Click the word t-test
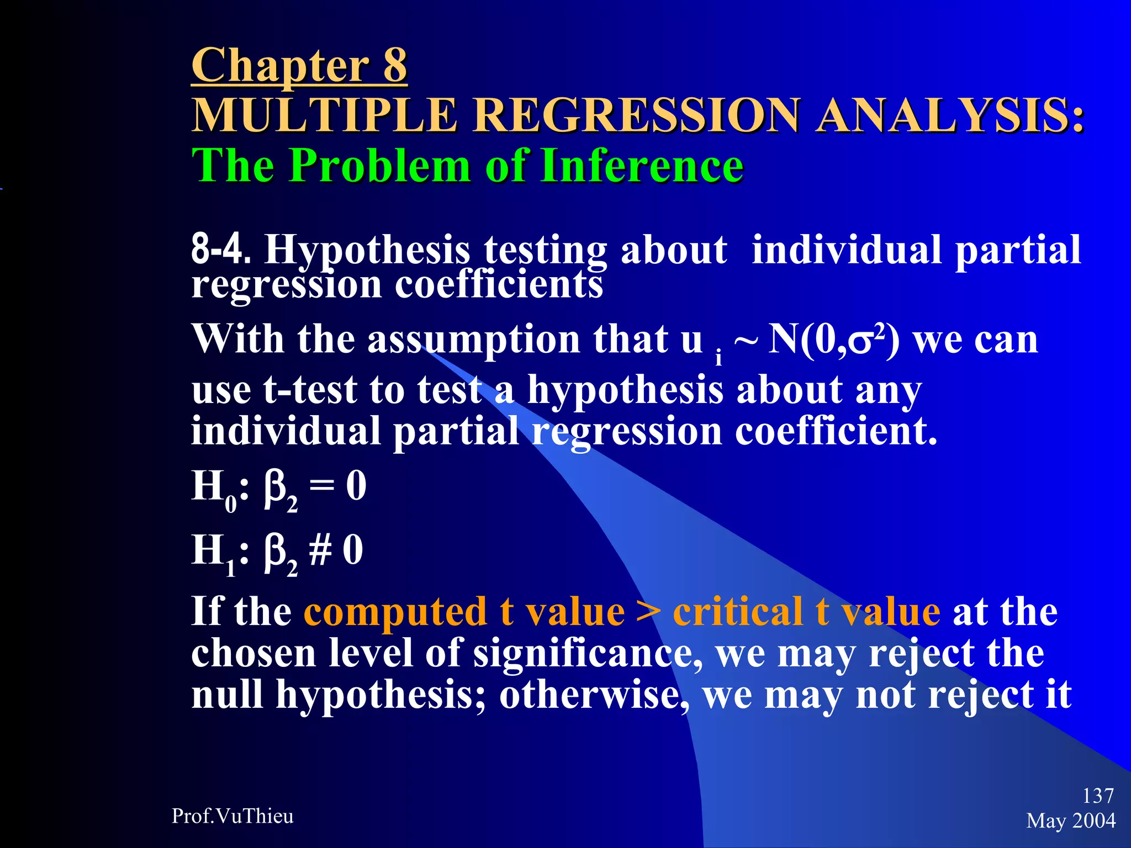click(x=310, y=390)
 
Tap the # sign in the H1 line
click(x=320, y=550)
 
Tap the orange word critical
click(x=738, y=612)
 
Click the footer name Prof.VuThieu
click(x=232, y=816)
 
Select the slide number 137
click(x=1098, y=796)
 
